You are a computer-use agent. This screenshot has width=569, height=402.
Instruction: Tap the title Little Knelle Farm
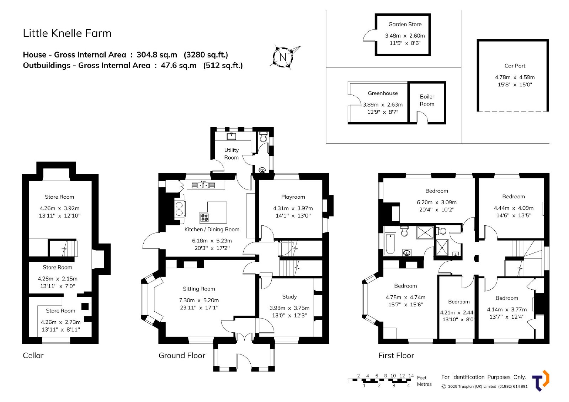(67, 33)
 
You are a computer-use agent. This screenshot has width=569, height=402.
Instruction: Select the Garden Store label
(405, 25)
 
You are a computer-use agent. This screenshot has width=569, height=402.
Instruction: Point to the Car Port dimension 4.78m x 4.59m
(515, 77)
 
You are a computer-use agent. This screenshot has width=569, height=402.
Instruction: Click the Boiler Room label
(427, 100)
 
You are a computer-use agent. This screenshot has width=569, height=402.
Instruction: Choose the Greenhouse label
(383, 93)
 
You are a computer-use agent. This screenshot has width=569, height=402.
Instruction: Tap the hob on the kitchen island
(204, 217)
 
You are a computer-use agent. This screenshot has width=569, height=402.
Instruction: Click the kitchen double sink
(203, 185)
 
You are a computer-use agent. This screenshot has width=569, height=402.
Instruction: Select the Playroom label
(293, 197)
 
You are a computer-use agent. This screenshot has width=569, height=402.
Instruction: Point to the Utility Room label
(231, 154)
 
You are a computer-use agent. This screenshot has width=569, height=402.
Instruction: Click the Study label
(289, 296)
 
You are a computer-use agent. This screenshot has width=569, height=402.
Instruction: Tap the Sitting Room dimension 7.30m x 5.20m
(199, 300)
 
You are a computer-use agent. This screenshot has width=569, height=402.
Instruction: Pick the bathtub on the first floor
(390, 244)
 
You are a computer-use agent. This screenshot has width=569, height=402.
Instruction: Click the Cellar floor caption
(33, 355)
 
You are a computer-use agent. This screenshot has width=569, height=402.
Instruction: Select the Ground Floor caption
(182, 355)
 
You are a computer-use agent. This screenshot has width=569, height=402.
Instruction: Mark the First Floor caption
(396, 355)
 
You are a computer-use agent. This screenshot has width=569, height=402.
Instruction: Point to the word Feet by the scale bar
(422, 377)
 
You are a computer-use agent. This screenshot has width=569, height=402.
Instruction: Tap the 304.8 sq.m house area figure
(157, 55)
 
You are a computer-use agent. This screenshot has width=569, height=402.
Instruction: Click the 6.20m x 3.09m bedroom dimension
(437, 202)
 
